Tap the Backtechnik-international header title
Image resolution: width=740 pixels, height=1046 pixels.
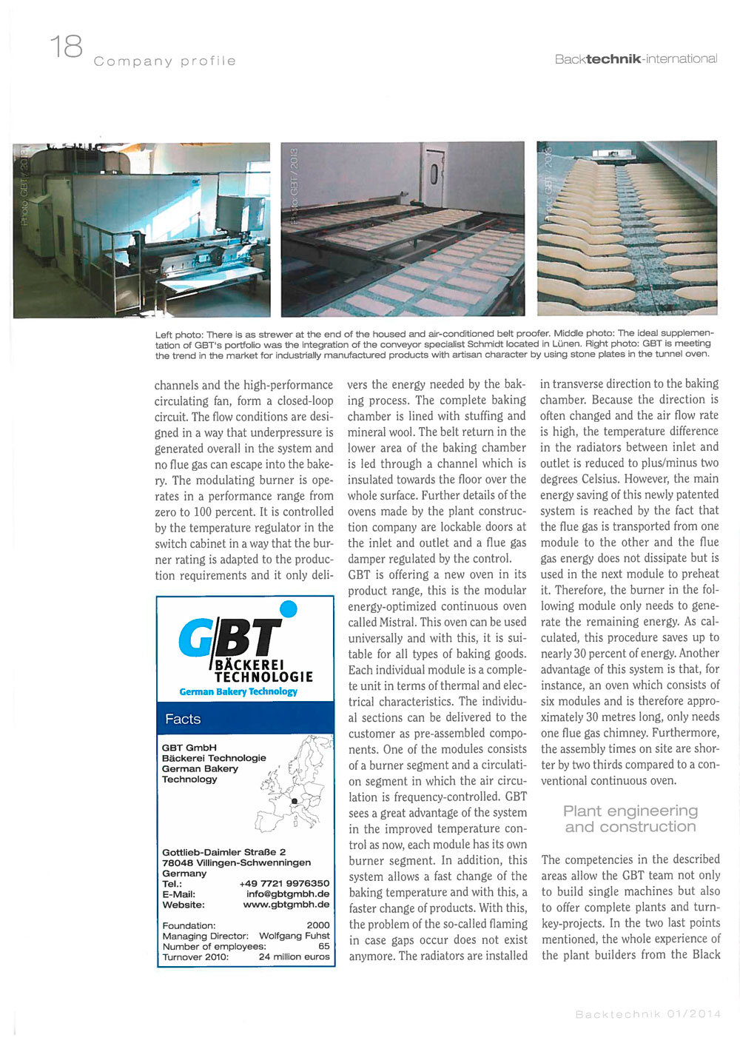point(636,58)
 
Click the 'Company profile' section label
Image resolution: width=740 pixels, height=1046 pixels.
point(165,61)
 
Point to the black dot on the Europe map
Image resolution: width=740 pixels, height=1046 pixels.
point(295,800)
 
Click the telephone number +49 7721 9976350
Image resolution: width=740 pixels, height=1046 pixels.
point(284,883)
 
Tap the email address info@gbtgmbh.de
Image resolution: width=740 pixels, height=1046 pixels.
point(288,894)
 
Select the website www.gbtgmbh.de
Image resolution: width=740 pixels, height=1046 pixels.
point(286,904)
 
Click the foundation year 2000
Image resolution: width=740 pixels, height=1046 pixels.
point(318,925)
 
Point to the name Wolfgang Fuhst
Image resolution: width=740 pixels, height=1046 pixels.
point(294,936)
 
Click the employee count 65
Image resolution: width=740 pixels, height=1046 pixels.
point(324,946)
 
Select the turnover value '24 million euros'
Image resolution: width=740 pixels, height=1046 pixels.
point(294,956)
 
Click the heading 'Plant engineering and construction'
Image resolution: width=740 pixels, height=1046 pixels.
point(630,819)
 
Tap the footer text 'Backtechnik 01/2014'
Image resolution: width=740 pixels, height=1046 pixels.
point(647,1014)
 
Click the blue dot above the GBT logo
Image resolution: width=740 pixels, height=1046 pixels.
point(289,609)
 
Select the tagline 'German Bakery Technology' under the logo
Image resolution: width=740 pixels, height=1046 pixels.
point(238,691)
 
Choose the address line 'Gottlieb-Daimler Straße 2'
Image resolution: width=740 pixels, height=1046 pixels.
point(223,852)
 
